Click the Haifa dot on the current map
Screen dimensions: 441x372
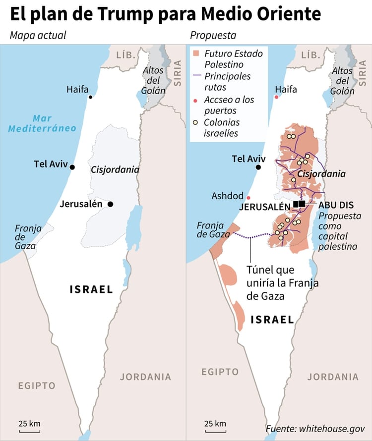[x=90, y=97]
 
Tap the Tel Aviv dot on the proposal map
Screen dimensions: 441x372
[x=258, y=167]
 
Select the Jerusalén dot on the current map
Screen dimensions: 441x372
[x=110, y=204]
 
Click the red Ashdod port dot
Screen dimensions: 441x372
[x=249, y=197]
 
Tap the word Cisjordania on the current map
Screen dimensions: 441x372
[x=115, y=169]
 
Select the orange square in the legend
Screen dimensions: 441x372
[x=197, y=53]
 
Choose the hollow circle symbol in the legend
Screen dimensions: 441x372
[x=197, y=122]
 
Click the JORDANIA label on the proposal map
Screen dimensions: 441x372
[x=333, y=377]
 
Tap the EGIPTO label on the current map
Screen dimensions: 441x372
[x=37, y=386]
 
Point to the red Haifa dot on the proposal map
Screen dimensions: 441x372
[x=277, y=97]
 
